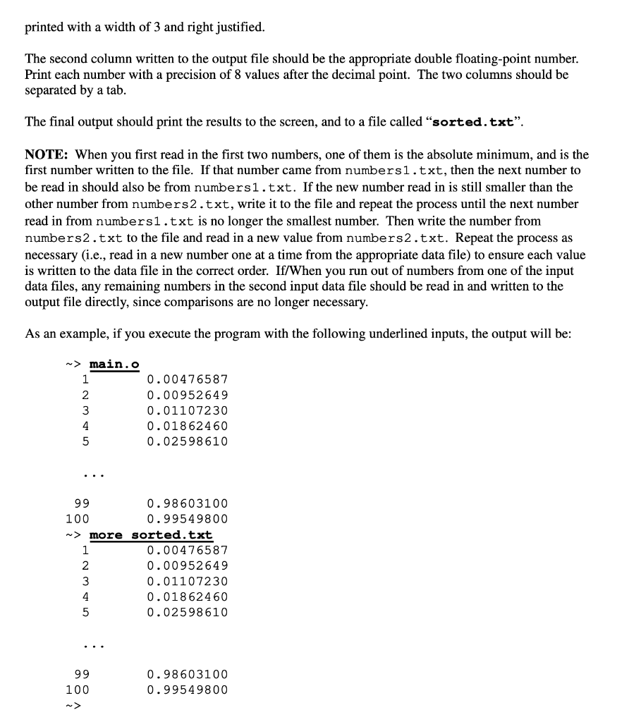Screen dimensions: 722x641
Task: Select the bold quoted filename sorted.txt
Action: [472, 121]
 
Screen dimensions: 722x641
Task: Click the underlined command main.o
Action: [114, 365]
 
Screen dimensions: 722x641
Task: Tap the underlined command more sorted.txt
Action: [151, 535]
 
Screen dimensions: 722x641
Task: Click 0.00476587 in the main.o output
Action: [187, 380]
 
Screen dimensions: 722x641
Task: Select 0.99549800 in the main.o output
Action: [187, 519]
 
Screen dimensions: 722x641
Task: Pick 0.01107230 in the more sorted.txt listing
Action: [187, 582]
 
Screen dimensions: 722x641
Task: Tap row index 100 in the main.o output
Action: [77, 519]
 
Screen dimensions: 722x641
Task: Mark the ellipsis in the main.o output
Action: [91, 475]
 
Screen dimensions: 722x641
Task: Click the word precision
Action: [195, 75]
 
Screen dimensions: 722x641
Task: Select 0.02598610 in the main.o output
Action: [187, 441]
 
